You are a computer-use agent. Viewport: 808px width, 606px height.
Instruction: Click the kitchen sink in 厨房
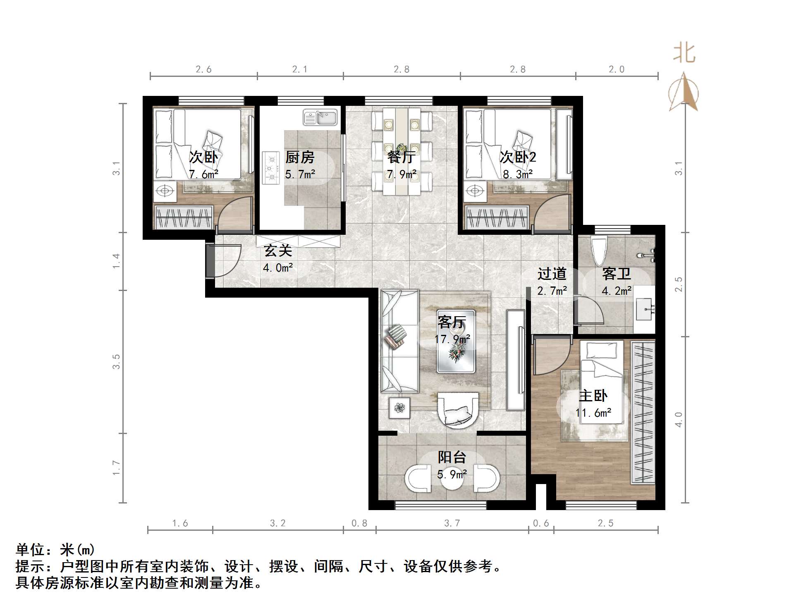(320, 117)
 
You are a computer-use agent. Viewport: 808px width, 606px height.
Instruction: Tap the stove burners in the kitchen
(271, 168)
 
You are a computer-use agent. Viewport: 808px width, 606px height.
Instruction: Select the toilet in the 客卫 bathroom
(598, 251)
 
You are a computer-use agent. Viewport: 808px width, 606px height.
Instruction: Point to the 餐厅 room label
(401, 157)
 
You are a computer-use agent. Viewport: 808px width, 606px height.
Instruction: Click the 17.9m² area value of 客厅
(452, 339)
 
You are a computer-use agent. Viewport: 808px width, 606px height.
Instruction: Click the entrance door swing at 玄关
(225, 260)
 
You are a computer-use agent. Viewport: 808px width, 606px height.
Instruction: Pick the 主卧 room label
(593, 396)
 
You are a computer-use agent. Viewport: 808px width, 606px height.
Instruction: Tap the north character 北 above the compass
(684, 54)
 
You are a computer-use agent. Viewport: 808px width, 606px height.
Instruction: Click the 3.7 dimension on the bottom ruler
(452, 523)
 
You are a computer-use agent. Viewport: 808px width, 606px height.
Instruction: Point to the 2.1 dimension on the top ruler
(300, 69)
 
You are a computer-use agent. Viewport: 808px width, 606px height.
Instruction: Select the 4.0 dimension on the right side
(679, 419)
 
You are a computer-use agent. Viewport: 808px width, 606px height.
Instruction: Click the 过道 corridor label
(552, 274)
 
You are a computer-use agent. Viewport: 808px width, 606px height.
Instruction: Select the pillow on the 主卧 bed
(602, 350)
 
